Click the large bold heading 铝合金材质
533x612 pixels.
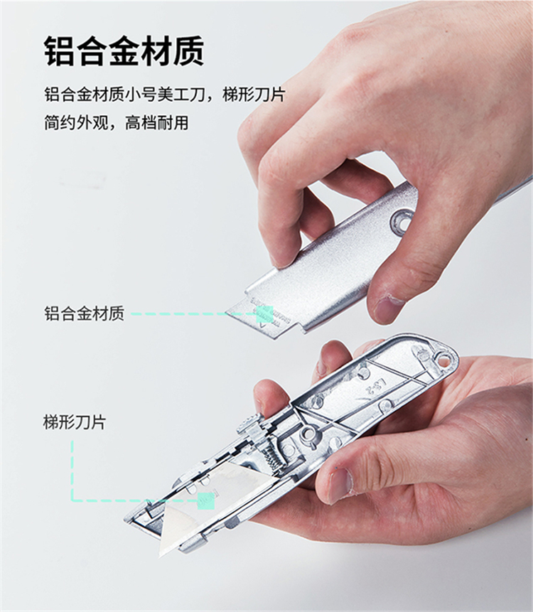pos(124,51)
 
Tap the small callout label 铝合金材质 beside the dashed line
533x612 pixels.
pos(84,313)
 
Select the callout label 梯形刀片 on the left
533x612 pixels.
pos(75,422)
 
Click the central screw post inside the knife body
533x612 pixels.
pos(309,434)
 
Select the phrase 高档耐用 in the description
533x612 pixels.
pos(157,122)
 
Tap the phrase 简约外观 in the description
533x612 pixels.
pos(75,122)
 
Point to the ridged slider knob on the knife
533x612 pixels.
pos(249,423)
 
